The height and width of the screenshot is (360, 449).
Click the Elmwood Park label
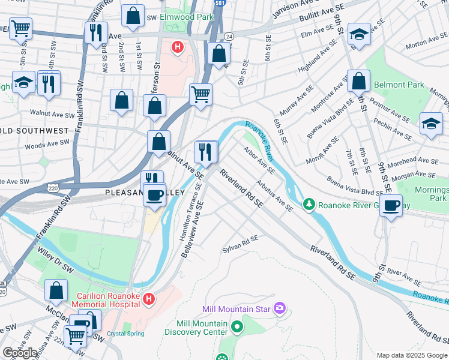tap(187, 17)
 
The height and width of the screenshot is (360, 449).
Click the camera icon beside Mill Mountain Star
tap(279, 309)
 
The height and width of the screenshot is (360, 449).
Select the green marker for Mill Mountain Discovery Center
tap(237, 328)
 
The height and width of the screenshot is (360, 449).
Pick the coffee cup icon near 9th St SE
tap(392, 206)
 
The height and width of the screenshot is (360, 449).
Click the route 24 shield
tap(229, 37)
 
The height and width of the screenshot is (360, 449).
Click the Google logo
tap(20, 353)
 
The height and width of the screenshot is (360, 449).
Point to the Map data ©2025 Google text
tap(411, 355)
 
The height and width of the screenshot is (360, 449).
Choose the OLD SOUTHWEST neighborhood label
tap(35, 130)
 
